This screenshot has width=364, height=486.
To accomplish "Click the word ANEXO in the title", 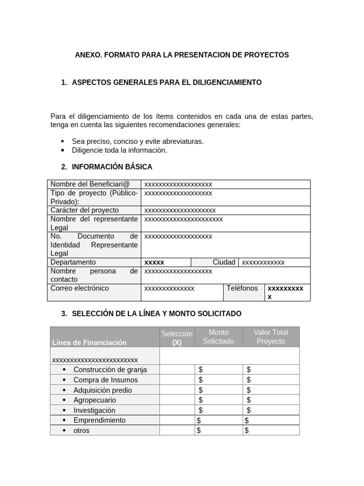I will coord(87,55).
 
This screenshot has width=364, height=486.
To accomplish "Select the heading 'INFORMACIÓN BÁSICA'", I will coord(112,167).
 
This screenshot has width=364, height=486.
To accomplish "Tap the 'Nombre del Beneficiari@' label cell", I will coord(90,184).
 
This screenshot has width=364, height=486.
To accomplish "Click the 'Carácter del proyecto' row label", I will coord(85,210).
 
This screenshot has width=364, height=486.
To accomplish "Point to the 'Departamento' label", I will coord(73,262).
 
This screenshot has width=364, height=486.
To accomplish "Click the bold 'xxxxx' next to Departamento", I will coord(154,262).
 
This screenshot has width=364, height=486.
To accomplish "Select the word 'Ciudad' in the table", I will coord(224,262).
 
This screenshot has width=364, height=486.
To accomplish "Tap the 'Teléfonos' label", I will coord(242,288).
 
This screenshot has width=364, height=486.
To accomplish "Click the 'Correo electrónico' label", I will coord(80,288).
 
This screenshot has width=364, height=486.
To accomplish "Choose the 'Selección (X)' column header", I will coord(177,338).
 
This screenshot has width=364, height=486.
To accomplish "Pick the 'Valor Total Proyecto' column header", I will coord(271,336).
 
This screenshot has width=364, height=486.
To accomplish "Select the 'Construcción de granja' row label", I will coord(110,370).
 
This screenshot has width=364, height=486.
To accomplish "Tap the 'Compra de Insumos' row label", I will coord(105,380).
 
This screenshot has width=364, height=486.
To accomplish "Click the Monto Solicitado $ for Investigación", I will coord(200,410).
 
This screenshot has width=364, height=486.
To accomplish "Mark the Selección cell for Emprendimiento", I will coord(177,421).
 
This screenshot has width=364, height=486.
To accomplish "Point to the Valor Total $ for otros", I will coord(246,430).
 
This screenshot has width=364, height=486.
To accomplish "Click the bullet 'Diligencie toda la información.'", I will coord(119,150).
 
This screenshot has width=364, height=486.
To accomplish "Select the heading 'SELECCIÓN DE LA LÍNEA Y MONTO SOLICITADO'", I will coord(156,314).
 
